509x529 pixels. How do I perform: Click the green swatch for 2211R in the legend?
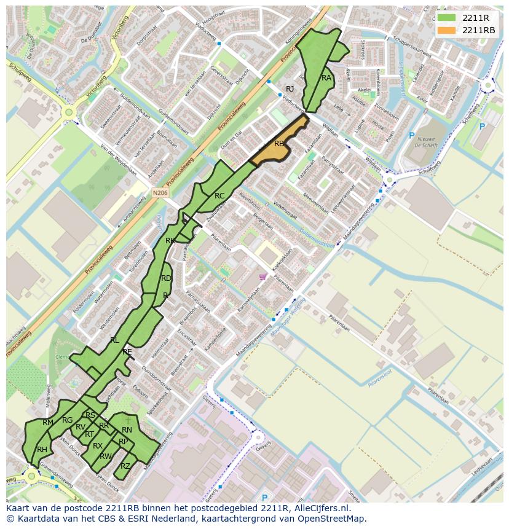[x=447, y=18]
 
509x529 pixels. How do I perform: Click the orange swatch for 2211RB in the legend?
[x=447, y=30]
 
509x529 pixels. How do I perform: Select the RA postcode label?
[x=326, y=78]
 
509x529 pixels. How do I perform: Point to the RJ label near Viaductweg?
[x=290, y=89]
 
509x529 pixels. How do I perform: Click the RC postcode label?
[x=219, y=196]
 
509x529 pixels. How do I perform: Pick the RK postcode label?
[x=170, y=241]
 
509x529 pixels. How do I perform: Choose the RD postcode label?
[x=166, y=278]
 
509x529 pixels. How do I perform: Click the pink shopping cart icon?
[x=263, y=277]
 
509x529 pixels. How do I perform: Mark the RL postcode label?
[x=114, y=340]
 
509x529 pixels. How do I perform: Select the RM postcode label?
[x=48, y=423]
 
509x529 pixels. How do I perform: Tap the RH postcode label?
[x=42, y=450]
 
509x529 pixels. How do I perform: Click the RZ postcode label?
[x=125, y=466]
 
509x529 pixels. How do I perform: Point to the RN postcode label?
[x=127, y=430]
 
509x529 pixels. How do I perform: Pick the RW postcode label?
[x=105, y=457]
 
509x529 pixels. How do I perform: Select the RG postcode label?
[x=67, y=420]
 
